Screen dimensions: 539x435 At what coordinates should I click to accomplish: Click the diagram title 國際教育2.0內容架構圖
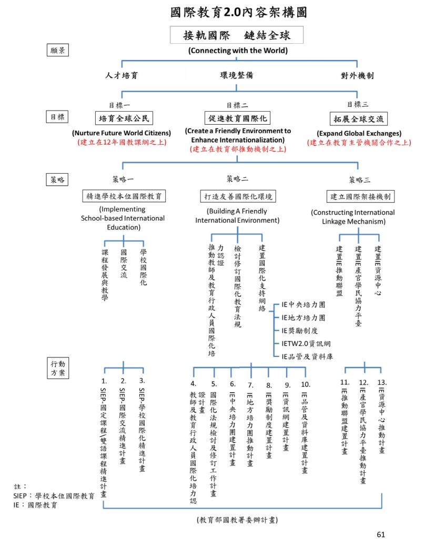pos(238,12)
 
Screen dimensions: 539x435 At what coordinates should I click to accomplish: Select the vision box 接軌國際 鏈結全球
pos(237,36)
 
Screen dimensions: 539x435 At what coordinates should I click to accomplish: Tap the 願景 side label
pos(57,51)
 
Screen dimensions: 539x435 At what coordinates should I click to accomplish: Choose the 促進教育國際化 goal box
pos(237,117)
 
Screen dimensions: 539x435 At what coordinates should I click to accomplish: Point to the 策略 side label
pos(57,179)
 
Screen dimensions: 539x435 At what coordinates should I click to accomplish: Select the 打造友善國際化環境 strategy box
pos(238,196)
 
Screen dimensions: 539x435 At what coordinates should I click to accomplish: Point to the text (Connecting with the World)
pos(238,51)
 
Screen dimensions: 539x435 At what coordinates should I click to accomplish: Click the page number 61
pos(381,534)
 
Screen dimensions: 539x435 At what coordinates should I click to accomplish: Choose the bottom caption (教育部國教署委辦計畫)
pos(237,520)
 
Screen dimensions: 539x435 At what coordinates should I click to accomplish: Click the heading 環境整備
pos(237,75)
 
